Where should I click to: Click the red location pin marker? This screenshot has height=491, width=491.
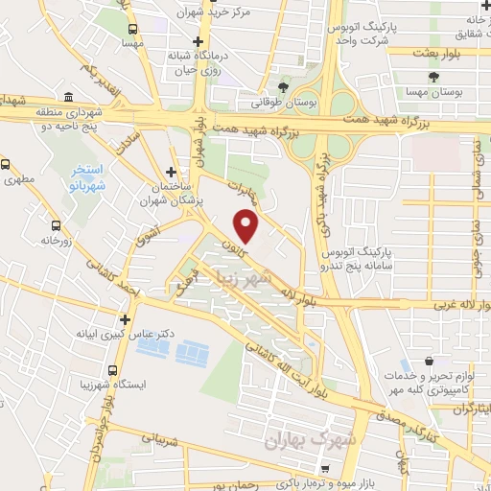click(x=246, y=226)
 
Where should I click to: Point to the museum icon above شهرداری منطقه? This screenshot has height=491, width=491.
click(x=71, y=98)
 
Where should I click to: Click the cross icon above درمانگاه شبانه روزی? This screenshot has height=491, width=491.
click(x=198, y=41)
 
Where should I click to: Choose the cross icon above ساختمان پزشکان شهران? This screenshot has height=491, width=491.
click(x=171, y=171)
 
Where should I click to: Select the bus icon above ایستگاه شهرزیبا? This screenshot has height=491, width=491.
click(x=113, y=369)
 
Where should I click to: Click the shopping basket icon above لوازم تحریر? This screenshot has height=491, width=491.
click(x=430, y=363)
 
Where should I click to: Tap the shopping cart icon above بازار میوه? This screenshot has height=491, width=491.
click(x=325, y=469)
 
